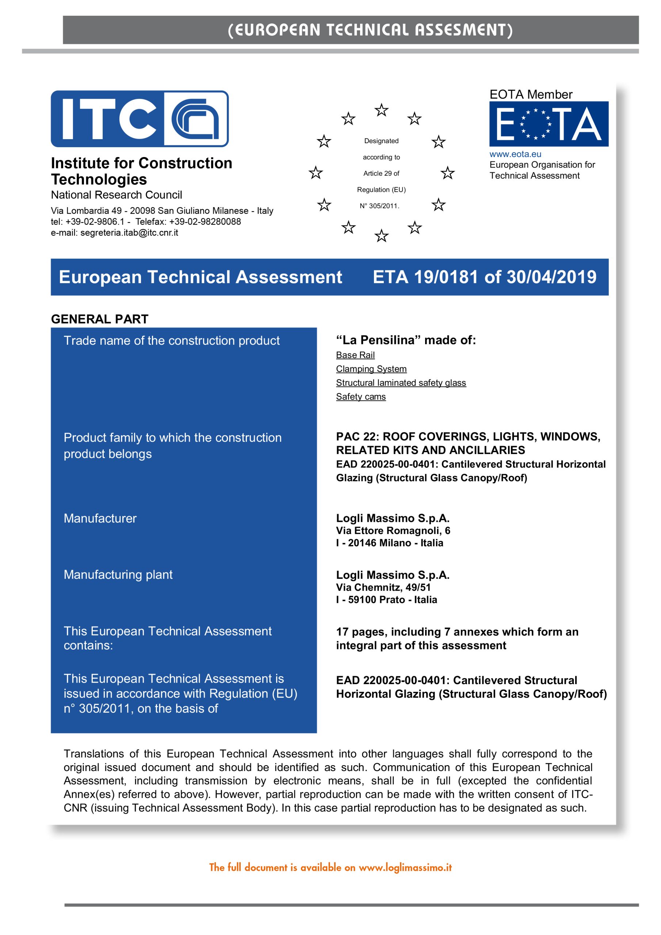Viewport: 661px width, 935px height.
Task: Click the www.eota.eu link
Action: pos(515,154)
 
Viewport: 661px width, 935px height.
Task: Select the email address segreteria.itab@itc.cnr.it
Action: pos(129,233)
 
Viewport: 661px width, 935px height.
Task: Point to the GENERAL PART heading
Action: pos(99,319)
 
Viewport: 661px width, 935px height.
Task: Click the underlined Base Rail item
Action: pos(355,355)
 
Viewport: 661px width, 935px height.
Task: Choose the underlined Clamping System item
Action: pos(371,369)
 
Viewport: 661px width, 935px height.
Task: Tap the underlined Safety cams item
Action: pos(360,397)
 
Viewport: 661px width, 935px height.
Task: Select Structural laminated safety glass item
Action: pos(401,383)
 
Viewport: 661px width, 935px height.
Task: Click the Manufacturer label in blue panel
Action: pos(100,518)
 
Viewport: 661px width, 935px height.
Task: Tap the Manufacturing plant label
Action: pos(118,575)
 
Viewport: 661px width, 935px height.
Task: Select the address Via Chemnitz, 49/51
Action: pos(383,587)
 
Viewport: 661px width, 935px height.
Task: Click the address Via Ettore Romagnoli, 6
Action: pos(393,531)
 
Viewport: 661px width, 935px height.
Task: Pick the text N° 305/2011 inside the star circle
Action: pos(379,206)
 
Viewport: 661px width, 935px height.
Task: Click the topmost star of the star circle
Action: pos(381,110)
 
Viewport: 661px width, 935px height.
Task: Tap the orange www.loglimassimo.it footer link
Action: pos(405,867)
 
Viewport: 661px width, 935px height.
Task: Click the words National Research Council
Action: pos(116,195)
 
